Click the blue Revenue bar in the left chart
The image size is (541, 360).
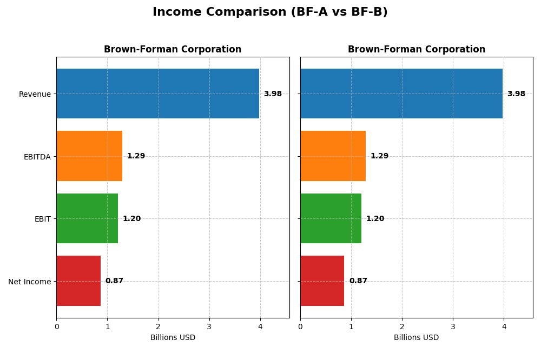pyautogui.click(x=157, y=94)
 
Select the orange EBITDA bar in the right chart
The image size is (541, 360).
pyautogui.click(x=333, y=156)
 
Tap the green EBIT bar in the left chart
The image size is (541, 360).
pyautogui.click(x=87, y=218)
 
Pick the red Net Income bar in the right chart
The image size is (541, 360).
pyautogui.click(x=322, y=281)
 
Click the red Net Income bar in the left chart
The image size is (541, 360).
pyautogui.click(x=78, y=281)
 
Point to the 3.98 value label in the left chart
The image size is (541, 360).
pyautogui.click(x=273, y=94)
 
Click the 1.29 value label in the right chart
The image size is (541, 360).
pyautogui.click(x=379, y=156)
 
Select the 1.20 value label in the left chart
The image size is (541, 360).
pyautogui.click(x=131, y=219)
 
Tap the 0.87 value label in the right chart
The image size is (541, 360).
pyautogui.click(x=358, y=281)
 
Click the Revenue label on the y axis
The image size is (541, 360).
pyautogui.click(x=35, y=94)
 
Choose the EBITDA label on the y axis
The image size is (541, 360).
pyautogui.click(x=37, y=157)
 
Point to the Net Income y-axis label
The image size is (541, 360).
pyautogui.click(x=30, y=282)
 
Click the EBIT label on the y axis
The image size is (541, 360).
pyautogui.click(x=42, y=219)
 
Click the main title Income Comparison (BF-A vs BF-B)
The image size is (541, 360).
pyautogui.click(x=270, y=12)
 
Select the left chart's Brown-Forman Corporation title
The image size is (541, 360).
pyautogui.click(x=173, y=50)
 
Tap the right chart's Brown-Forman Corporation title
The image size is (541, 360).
pyautogui.click(x=417, y=50)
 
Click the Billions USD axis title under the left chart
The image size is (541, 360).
pyautogui.click(x=173, y=338)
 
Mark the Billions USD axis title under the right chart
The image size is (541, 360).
pyautogui.click(x=417, y=338)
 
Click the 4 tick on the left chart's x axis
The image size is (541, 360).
pyautogui.click(x=260, y=326)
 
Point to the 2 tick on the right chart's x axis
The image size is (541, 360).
pyautogui.click(x=402, y=326)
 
